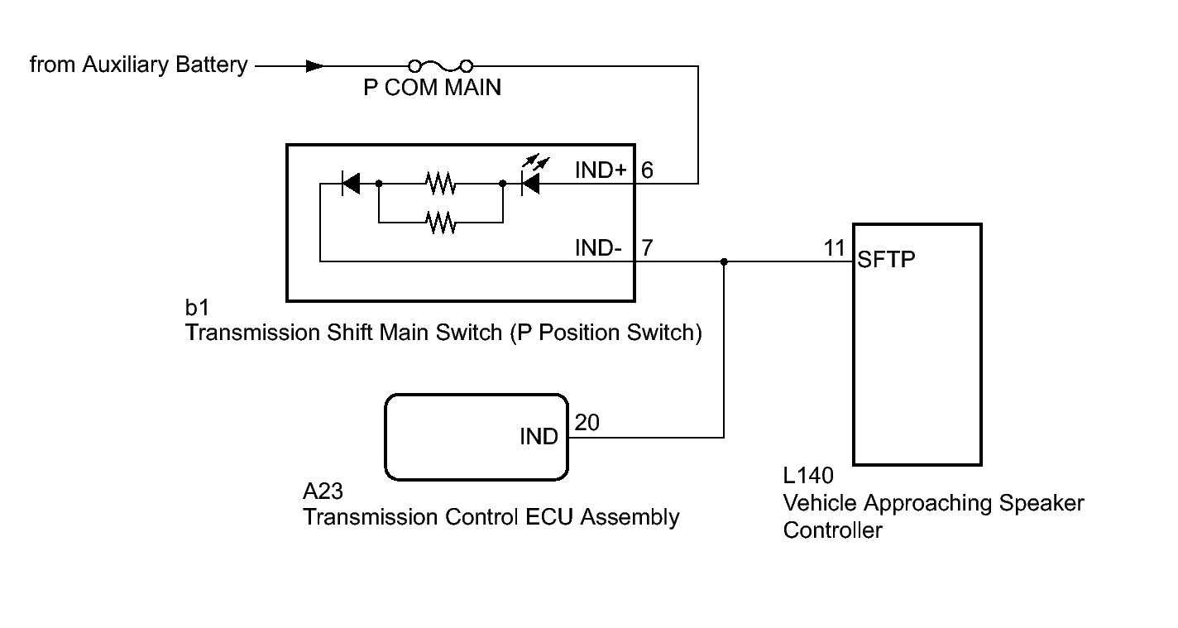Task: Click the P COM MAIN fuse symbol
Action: pyautogui.click(x=441, y=65)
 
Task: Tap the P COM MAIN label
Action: pyautogui.click(x=432, y=88)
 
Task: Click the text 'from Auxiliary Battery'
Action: pyautogui.click(x=138, y=65)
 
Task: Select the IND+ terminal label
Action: pyautogui.click(x=601, y=170)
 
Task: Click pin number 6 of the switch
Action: pyautogui.click(x=647, y=170)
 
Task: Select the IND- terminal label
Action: pyautogui.click(x=598, y=247)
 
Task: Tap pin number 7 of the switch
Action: pyautogui.click(x=647, y=247)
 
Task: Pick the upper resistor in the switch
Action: pyautogui.click(x=440, y=184)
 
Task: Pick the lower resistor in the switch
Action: pyautogui.click(x=440, y=222)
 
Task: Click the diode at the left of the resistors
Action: pyautogui.click(x=351, y=184)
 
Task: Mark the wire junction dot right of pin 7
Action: pyautogui.click(x=724, y=261)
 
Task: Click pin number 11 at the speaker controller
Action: pyautogui.click(x=835, y=247)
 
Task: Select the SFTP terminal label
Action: pyautogui.click(x=887, y=260)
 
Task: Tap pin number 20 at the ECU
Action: pyautogui.click(x=587, y=422)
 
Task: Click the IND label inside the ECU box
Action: pyautogui.click(x=539, y=437)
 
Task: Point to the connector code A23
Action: pyautogui.click(x=323, y=493)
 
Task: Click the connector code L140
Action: pyautogui.click(x=808, y=477)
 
